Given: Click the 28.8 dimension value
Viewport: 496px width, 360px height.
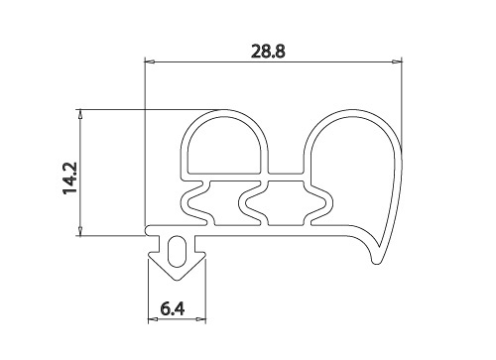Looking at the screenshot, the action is (x=268, y=52).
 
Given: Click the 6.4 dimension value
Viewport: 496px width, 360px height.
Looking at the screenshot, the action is (x=173, y=309).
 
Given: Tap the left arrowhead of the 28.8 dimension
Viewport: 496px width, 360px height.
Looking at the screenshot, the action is (x=150, y=61).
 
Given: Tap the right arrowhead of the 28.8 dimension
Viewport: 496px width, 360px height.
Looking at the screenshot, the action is (x=397, y=61).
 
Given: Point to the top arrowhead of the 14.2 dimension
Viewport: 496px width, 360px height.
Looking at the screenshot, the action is (x=80, y=114).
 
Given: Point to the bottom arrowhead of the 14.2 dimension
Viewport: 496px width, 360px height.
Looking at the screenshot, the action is (x=80, y=231).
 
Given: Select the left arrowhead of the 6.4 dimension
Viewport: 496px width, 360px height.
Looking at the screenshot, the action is (x=153, y=319).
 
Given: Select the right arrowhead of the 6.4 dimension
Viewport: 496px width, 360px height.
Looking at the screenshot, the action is (x=201, y=319).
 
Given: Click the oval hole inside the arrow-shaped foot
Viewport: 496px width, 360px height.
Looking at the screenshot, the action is (x=177, y=252).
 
